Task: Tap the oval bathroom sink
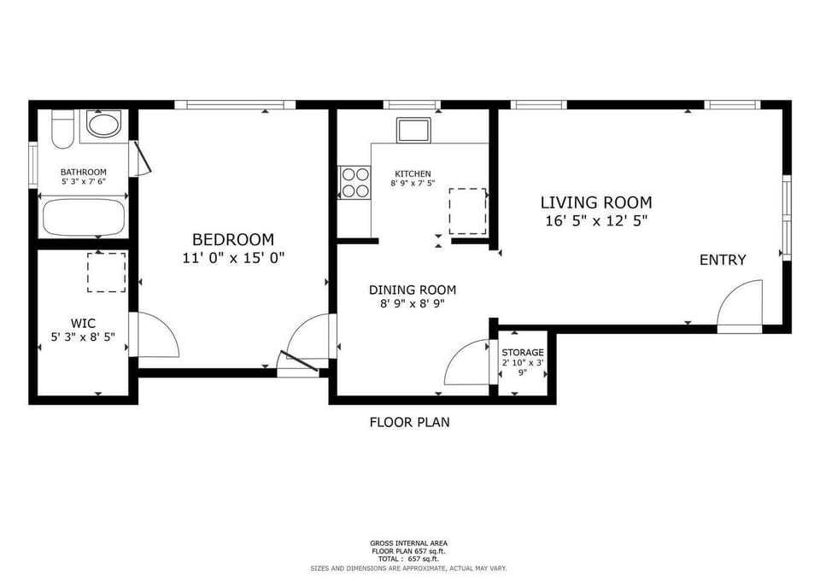pyautogui.click(x=103, y=125)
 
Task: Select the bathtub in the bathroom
pyautogui.click(x=84, y=217)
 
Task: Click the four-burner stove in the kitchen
pyautogui.click(x=354, y=183)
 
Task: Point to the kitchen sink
pyautogui.click(x=413, y=130)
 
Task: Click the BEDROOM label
pyautogui.click(x=233, y=239)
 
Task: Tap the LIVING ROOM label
pyautogui.click(x=596, y=202)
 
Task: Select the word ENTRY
pyautogui.click(x=723, y=260)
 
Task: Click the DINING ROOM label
pyautogui.click(x=413, y=290)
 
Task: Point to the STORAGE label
pyautogui.click(x=523, y=353)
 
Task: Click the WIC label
pyautogui.click(x=83, y=323)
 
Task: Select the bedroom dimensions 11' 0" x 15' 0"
pyautogui.click(x=233, y=258)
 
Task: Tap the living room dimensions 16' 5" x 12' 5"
pyautogui.click(x=596, y=220)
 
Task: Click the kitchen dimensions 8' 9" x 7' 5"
pyautogui.click(x=413, y=183)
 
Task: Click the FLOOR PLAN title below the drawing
pyautogui.click(x=409, y=422)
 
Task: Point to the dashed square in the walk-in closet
pyautogui.click(x=106, y=272)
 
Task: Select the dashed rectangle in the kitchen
pyautogui.click(x=467, y=211)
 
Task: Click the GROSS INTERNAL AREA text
pyautogui.click(x=408, y=543)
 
